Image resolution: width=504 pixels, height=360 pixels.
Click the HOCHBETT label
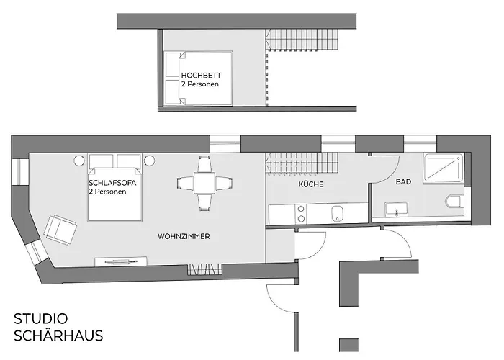pyautogui.click(x=201, y=75)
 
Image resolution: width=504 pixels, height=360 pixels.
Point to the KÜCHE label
pyautogui.click(x=311, y=185)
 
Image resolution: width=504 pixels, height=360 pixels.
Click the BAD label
pyautogui.click(x=403, y=182)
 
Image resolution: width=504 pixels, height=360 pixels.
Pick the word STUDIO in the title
pyautogui.click(x=41, y=318)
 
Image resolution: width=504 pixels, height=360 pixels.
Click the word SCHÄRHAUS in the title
pyautogui.click(x=58, y=336)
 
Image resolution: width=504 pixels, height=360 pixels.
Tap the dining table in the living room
pyautogui.click(x=204, y=184)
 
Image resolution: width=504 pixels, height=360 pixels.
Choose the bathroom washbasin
pyautogui.click(x=395, y=210)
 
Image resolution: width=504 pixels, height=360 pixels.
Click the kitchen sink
pyautogui.click(x=336, y=214)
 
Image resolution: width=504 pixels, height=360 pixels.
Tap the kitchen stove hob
pyautogui.click(x=301, y=214)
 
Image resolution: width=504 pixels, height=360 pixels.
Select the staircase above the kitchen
pyautogui.click(x=300, y=162)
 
